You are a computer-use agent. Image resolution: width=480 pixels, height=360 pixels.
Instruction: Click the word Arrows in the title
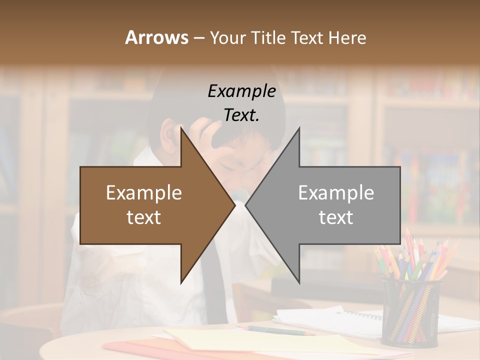point(156,37)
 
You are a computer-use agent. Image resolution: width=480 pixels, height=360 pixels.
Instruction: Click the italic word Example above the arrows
point(241,91)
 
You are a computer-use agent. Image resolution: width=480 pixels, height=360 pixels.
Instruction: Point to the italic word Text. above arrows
point(241,115)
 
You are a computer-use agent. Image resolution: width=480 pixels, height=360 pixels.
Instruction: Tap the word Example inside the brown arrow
point(144,193)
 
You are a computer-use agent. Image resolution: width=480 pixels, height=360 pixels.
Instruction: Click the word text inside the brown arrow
point(144,217)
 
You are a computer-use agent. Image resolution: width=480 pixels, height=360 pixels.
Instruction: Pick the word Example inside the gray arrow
point(336,193)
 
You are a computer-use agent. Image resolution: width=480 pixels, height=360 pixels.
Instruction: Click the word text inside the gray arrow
point(336,217)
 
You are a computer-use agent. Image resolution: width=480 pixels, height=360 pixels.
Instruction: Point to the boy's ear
point(168,137)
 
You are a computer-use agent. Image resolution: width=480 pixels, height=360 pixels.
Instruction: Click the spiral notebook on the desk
point(340,320)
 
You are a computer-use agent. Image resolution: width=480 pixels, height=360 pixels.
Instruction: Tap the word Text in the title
point(307,37)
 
